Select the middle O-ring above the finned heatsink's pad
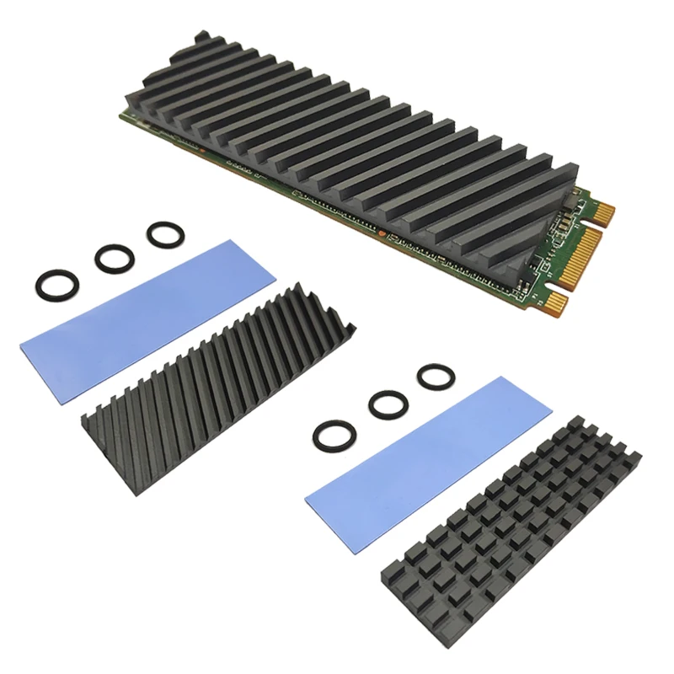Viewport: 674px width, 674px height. (114, 258)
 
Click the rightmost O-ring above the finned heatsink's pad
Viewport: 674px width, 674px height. (162, 234)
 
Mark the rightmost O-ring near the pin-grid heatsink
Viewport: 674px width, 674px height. (435, 376)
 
